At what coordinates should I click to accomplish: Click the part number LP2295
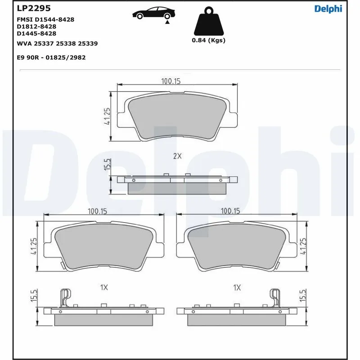33,9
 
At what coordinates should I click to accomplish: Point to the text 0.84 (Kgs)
208,40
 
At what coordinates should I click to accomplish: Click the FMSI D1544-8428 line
45,20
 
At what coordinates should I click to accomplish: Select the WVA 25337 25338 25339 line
57,44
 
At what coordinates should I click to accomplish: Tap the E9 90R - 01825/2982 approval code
51,58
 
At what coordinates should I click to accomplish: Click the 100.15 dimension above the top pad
171,81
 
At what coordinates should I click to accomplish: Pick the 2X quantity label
177,156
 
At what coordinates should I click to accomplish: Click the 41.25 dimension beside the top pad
107,116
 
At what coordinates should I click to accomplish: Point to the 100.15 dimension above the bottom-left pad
99,211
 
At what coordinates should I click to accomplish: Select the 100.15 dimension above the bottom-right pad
230,211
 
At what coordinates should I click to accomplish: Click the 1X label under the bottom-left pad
104,287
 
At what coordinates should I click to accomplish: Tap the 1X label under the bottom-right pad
237,287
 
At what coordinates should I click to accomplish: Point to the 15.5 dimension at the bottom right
303,296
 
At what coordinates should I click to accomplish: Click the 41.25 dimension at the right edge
303,247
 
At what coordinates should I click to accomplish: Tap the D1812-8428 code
36,27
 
